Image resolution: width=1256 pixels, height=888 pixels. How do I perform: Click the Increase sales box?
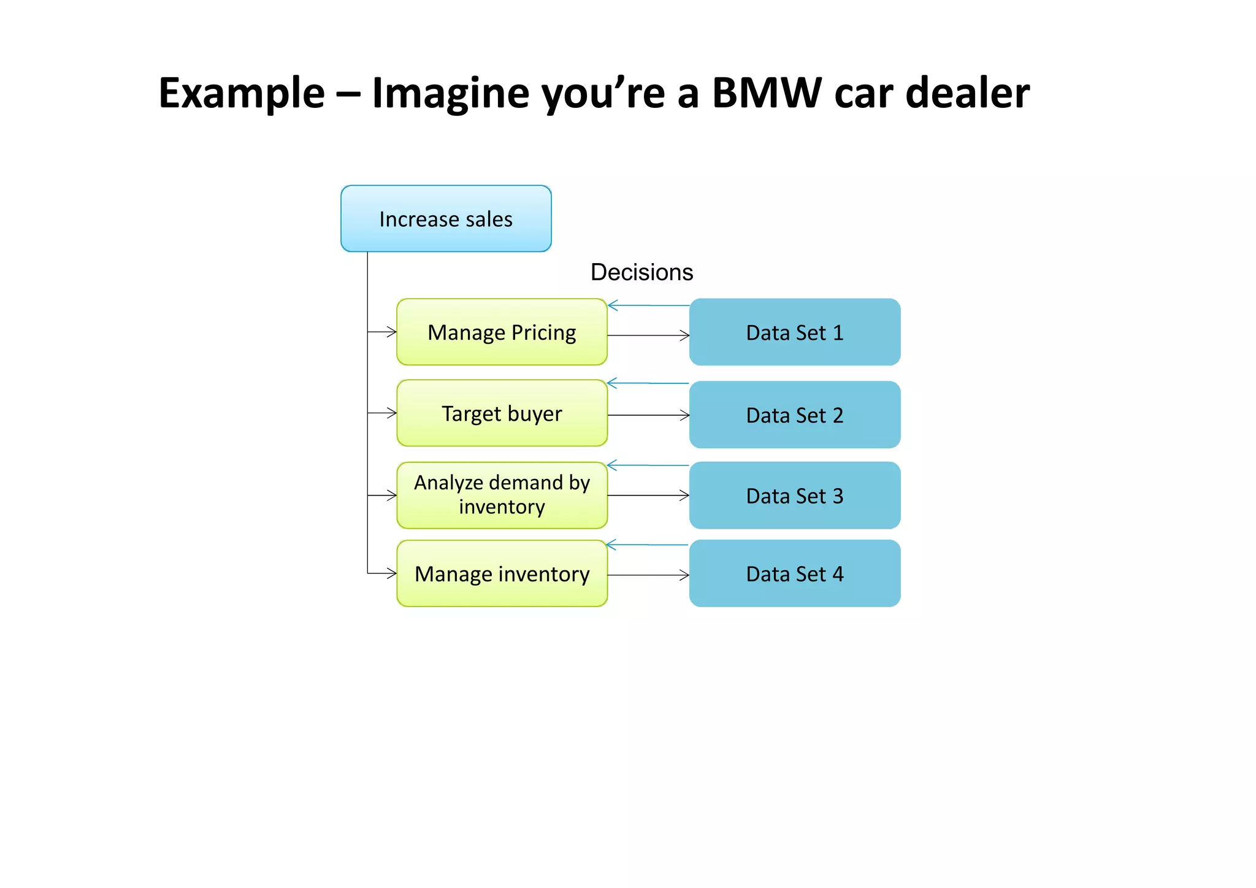446,219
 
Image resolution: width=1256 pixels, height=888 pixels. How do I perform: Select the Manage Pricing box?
502,332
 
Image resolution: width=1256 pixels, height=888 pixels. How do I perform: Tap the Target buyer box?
502,413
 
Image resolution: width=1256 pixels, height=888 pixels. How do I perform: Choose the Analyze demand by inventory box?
502,495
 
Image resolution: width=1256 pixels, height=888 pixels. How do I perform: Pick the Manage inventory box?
502,574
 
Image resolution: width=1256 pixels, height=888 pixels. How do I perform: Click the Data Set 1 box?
794,332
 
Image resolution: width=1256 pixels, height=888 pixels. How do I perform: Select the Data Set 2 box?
794,415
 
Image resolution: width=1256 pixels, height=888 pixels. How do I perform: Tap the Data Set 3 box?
794,496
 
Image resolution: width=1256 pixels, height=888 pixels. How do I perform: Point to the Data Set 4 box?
794,574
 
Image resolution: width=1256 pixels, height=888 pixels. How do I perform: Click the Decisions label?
641,272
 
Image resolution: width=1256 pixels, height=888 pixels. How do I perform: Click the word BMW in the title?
766,93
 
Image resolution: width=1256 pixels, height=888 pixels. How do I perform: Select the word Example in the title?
242,93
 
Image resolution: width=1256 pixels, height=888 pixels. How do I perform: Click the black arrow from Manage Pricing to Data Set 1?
648,335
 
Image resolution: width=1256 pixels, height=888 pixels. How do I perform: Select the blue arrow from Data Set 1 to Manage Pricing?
648,305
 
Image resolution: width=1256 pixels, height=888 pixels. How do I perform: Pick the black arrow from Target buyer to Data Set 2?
648,415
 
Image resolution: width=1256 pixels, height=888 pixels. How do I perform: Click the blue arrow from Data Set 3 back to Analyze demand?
648,465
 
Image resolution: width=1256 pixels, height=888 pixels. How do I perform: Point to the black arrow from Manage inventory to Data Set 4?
648,575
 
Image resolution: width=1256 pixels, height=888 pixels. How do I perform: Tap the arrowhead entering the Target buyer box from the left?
392,413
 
